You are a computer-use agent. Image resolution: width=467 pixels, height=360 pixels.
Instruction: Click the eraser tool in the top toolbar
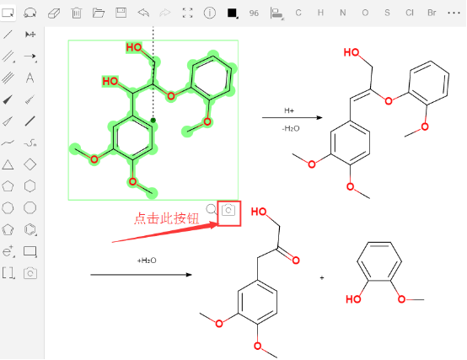[54, 13]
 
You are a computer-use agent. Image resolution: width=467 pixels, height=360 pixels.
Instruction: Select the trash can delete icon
[76, 13]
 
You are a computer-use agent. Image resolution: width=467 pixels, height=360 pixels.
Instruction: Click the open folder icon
[99, 13]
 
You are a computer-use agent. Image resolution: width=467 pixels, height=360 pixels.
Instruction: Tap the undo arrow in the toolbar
[143, 13]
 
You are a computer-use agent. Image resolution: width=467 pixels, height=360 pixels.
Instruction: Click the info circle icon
[210, 13]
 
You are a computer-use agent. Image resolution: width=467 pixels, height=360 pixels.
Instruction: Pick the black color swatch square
[232, 13]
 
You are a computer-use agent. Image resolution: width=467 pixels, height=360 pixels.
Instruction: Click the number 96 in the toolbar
[254, 13]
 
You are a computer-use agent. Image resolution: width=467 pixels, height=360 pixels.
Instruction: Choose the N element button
[343, 13]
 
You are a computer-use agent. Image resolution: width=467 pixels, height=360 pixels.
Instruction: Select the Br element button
[432, 13]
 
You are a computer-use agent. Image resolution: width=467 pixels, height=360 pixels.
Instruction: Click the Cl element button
[410, 13]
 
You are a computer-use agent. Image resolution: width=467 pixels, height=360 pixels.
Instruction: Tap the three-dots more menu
[454, 13]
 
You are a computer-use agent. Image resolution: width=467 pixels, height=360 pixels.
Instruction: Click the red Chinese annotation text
[166, 218]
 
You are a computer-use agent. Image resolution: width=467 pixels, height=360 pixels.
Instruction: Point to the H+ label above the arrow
[289, 110]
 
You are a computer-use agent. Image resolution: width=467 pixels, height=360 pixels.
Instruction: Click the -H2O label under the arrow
[291, 129]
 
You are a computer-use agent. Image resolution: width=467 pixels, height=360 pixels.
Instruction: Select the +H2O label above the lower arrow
[147, 261]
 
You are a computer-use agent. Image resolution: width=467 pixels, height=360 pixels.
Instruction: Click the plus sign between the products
[322, 278]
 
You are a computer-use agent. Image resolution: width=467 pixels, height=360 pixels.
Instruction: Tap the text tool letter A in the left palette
[30, 78]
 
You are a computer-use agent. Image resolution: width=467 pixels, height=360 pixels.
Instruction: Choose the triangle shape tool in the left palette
[8, 164]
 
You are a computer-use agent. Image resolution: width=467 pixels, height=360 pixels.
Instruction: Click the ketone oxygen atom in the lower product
[296, 261]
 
